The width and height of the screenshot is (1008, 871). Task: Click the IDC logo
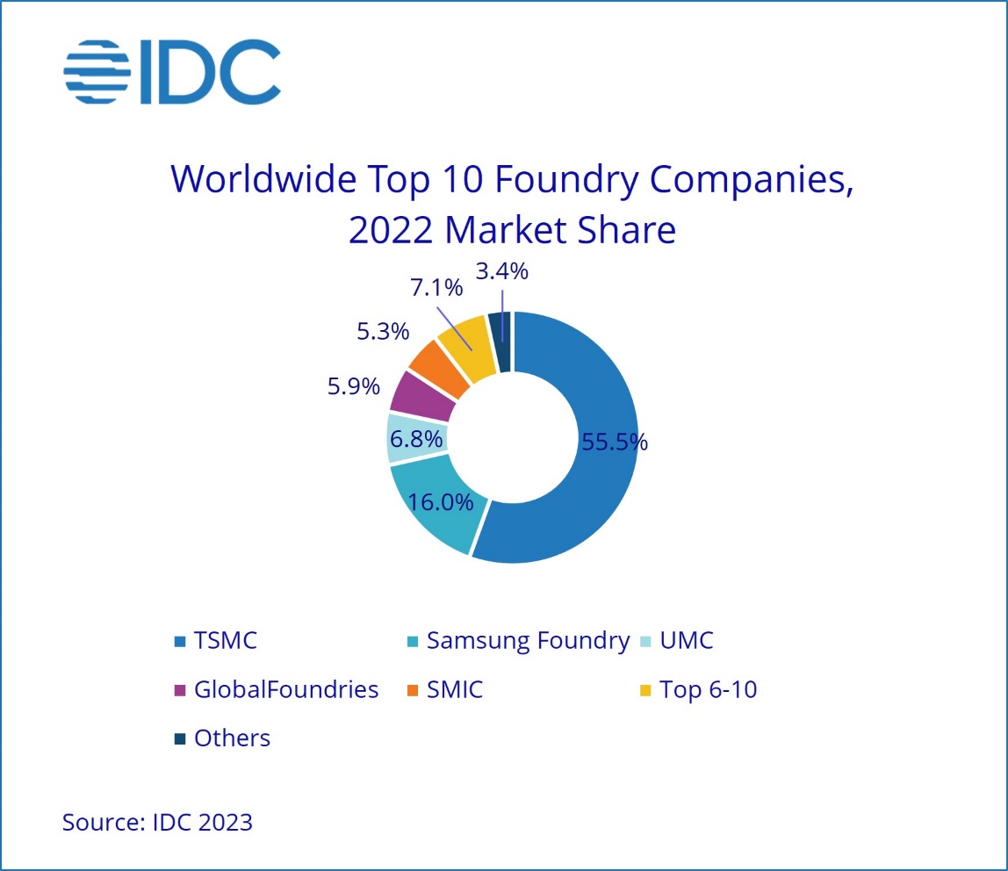tap(172, 71)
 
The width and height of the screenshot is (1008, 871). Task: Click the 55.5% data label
tap(615, 442)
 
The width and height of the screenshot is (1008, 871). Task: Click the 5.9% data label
tap(354, 385)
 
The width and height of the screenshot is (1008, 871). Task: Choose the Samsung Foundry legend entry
tap(528, 640)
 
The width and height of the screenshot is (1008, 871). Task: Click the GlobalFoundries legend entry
tap(286, 689)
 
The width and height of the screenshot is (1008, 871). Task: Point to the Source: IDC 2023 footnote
tap(157, 823)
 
